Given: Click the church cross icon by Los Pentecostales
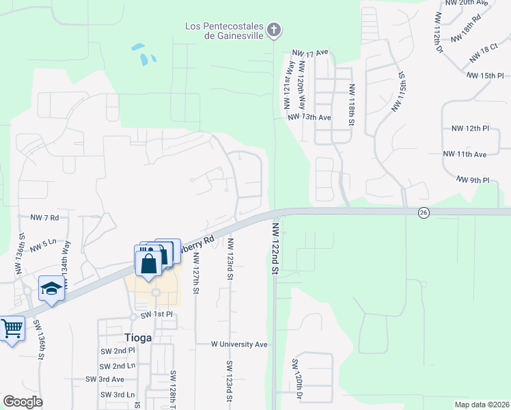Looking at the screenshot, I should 274,30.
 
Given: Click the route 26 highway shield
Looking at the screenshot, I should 424,213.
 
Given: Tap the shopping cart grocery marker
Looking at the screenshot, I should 11,329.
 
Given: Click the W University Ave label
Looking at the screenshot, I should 238,344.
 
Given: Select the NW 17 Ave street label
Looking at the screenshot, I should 310,52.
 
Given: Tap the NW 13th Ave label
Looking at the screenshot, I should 309,118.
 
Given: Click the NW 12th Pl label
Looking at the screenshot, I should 471,128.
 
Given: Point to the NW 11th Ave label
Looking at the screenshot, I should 465,154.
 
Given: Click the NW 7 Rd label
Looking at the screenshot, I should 45,217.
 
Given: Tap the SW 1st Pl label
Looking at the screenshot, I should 157,315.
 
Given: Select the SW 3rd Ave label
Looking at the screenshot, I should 105,379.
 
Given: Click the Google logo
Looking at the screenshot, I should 23,402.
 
